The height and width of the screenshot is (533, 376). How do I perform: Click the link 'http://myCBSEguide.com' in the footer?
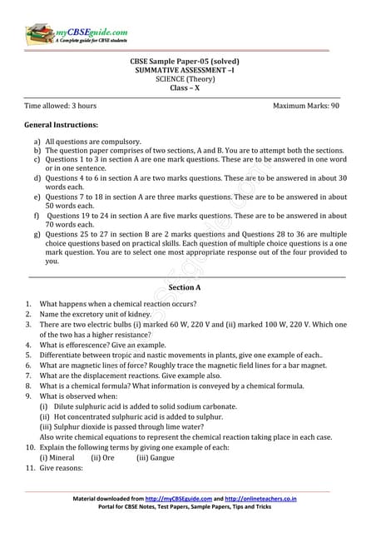175,499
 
